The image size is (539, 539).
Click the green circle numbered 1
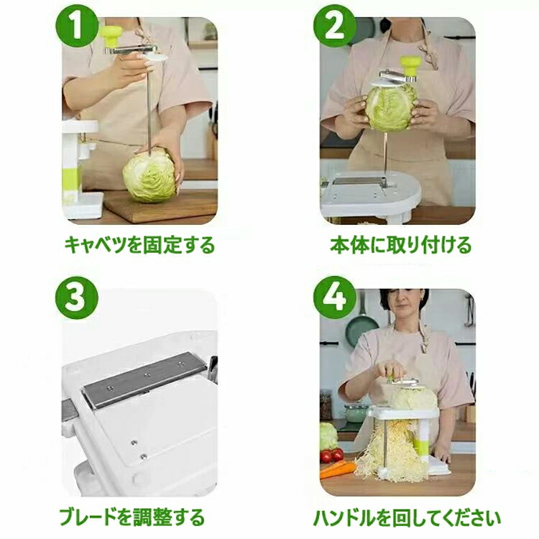click(77, 27)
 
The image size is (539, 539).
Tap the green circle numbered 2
click(334, 27)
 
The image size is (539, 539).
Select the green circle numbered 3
click(77, 298)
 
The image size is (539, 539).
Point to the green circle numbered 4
click(334, 298)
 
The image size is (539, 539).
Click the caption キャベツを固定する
click(139, 245)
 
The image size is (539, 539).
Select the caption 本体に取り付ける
click(401, 245)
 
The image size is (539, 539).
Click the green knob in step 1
click(112, 37)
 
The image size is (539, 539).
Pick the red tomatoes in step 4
click(332, 456)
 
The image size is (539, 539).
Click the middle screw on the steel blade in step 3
click(147, 375)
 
